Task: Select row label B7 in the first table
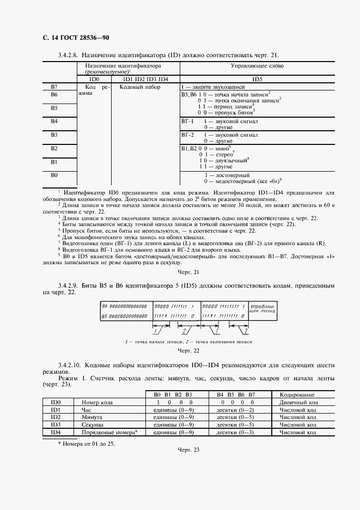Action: [x=54, y=87]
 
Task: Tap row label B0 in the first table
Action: [x=54, y=175]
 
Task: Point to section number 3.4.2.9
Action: [x=68, y=286]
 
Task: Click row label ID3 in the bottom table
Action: [x=55, y=424]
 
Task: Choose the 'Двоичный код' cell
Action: [x=297, y=402]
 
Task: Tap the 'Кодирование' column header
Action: [x=297, y=394]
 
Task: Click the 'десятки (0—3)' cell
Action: [x=235, y=432]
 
